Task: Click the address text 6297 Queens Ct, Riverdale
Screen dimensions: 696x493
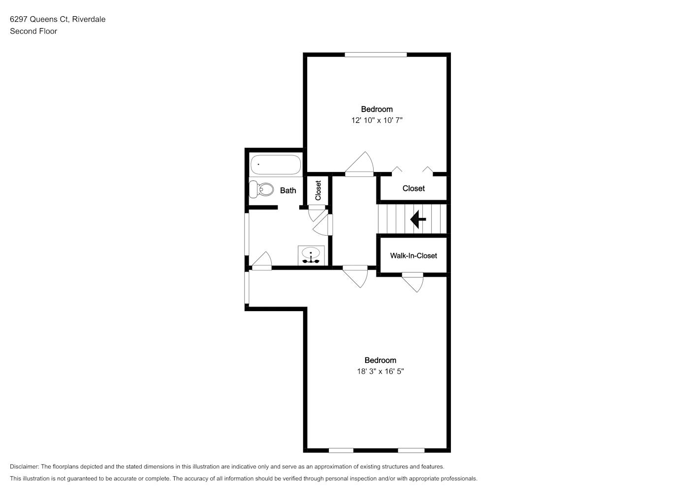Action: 58,19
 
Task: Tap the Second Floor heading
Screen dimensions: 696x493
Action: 33,31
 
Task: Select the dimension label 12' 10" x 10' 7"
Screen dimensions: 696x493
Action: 377,120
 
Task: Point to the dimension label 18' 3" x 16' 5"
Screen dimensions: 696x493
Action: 380,371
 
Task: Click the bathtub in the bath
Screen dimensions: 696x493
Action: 276,165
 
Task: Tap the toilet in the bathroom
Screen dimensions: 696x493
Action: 261,189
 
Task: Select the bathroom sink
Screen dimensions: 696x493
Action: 311,255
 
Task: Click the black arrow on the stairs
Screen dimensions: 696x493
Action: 418,219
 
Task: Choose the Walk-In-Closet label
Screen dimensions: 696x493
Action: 413,255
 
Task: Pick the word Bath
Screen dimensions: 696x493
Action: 288,190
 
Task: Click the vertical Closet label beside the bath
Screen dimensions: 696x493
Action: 318,190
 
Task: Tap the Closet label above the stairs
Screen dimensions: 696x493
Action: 413,188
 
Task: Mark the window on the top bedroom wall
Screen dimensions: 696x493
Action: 376,55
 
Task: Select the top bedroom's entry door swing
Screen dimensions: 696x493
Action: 359,164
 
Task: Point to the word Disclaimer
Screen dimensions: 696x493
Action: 25,466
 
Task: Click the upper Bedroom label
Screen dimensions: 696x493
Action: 377,109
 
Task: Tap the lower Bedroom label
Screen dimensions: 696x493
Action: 380,360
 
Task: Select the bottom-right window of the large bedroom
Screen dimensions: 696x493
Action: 411,451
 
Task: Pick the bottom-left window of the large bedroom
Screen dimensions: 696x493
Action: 341,451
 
